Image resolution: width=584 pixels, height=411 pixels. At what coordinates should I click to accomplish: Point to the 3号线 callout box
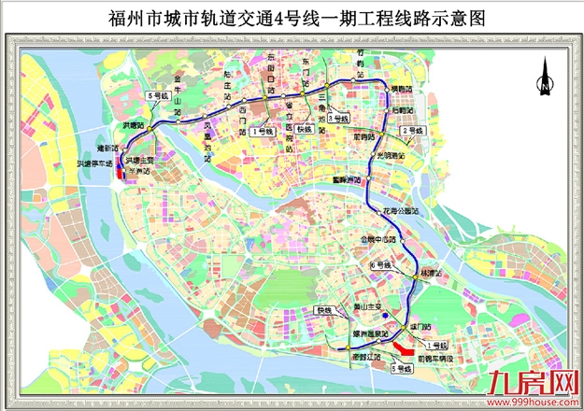click(x=339, y=120)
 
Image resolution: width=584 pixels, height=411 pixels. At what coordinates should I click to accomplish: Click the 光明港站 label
click(x=390, y=155)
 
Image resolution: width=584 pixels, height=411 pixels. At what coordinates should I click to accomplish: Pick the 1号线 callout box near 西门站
click(x=264, y=133)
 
